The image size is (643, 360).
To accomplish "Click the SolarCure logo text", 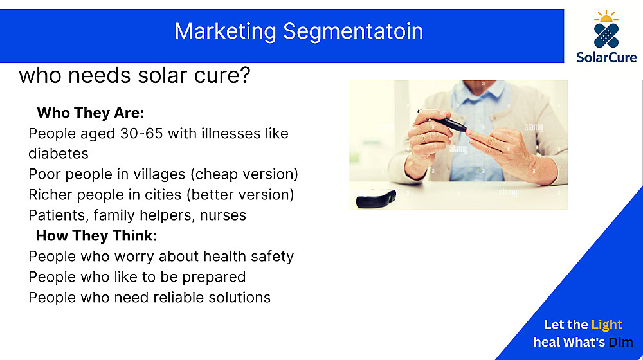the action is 606,57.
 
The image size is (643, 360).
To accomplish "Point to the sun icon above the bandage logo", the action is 606,17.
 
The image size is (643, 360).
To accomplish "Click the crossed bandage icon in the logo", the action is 606,35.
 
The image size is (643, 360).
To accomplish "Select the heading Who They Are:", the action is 91,113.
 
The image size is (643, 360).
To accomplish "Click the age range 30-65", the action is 141,133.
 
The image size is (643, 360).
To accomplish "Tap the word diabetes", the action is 59,154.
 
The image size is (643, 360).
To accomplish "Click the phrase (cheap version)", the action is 244,174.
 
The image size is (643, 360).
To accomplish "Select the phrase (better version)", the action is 240,195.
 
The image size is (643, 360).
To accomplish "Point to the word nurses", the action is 223,215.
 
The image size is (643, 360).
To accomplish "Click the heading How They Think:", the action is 96,236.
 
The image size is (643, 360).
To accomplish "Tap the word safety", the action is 272,256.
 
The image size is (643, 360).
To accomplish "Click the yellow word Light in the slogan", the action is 607,325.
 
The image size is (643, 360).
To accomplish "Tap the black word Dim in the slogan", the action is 620,342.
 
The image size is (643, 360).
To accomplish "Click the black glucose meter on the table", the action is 376,199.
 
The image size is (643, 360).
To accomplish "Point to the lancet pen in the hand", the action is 442,122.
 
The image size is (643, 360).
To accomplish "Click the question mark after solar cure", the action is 245,75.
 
